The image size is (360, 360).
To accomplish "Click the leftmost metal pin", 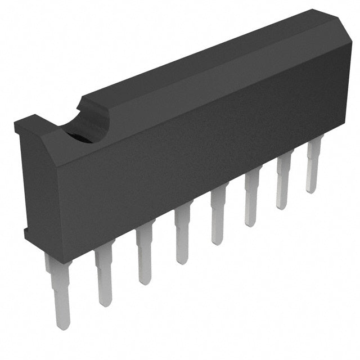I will pyautogui.click(x=58, y=287).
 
